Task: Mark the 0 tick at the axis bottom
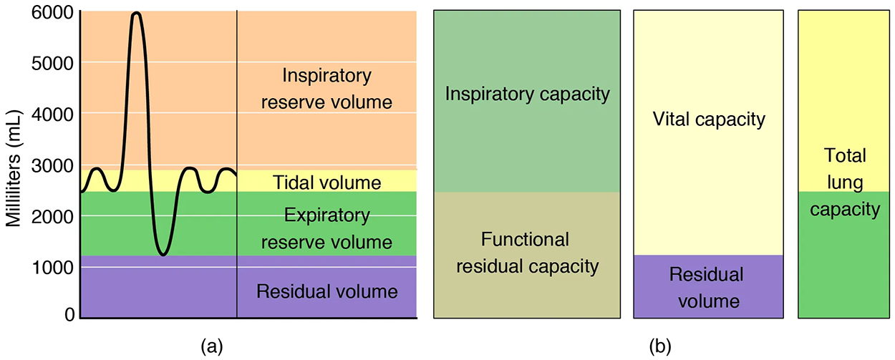point(69,314)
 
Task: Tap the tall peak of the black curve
point(136,14)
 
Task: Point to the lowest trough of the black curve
point(163,254)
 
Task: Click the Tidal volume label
point(326,183)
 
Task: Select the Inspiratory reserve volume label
point(326,89)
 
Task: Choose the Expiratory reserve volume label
point(326,228)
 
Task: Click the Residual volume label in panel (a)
point(326,291)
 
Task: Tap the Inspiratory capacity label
point(526,94)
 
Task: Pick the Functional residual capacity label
point(526,253)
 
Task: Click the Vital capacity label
point(709,119)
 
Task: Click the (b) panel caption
point(659,347)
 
